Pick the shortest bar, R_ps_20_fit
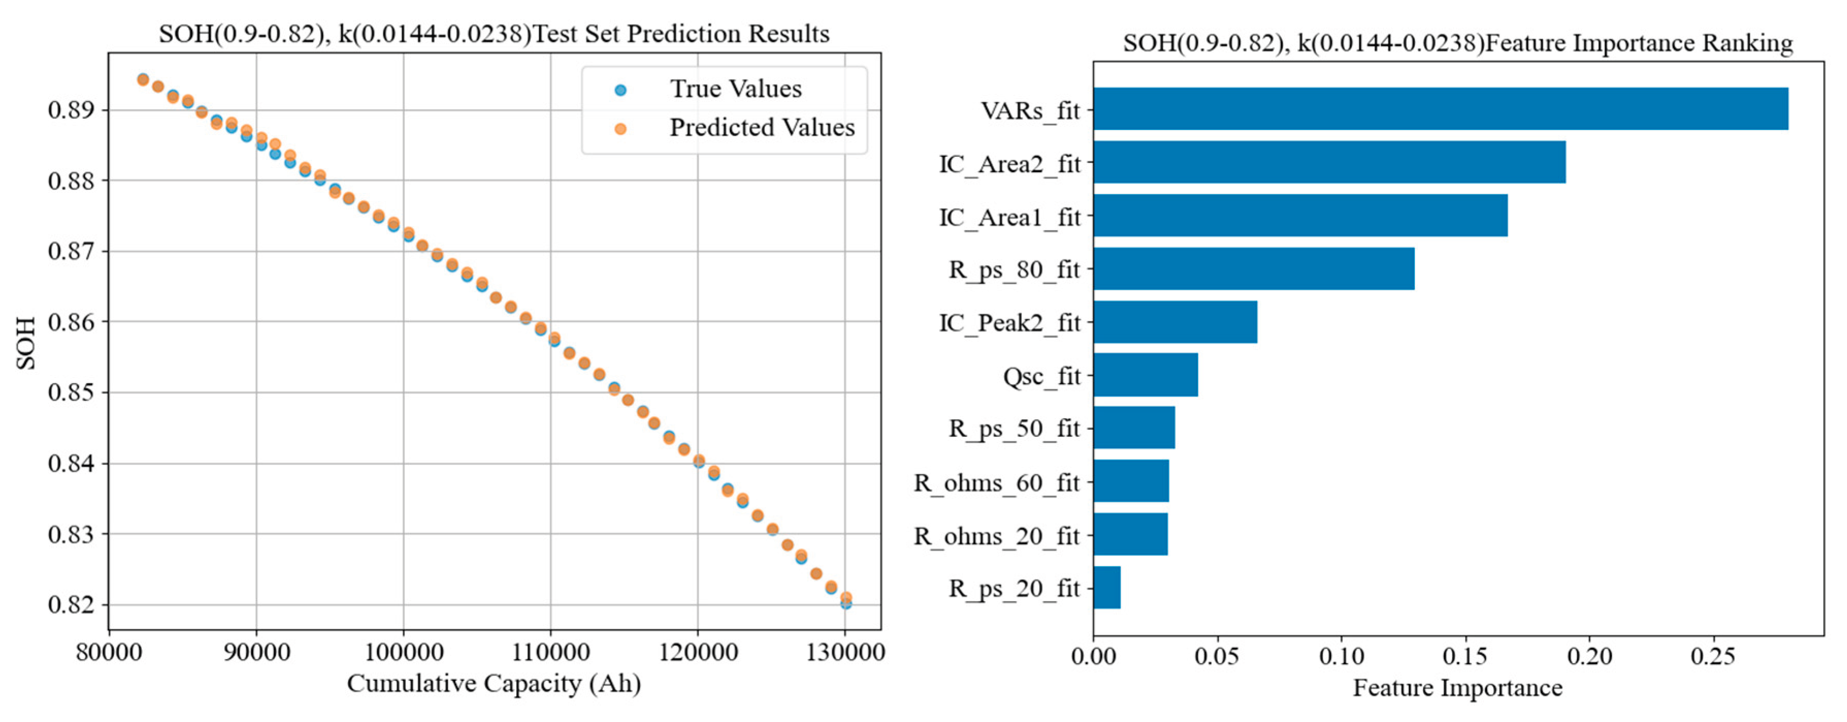click(x=1107, y=588)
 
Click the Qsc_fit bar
click(x=1145, y=375)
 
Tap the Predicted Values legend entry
click(x=762, y=127)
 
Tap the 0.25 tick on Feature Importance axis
click(x=1713, y=656)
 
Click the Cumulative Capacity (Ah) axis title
click(x=493, y=683)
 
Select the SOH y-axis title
click(x=26, y=343)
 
